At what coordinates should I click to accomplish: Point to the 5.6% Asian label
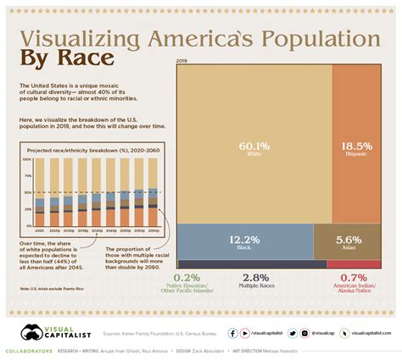[x=346, y=240]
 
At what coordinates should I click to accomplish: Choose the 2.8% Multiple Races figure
[x=255, y=277]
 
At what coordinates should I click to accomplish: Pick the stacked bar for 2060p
[x=153, y=192]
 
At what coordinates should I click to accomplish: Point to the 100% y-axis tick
[x=27, y=159]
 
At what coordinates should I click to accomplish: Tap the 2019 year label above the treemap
[x=181, y=61]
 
